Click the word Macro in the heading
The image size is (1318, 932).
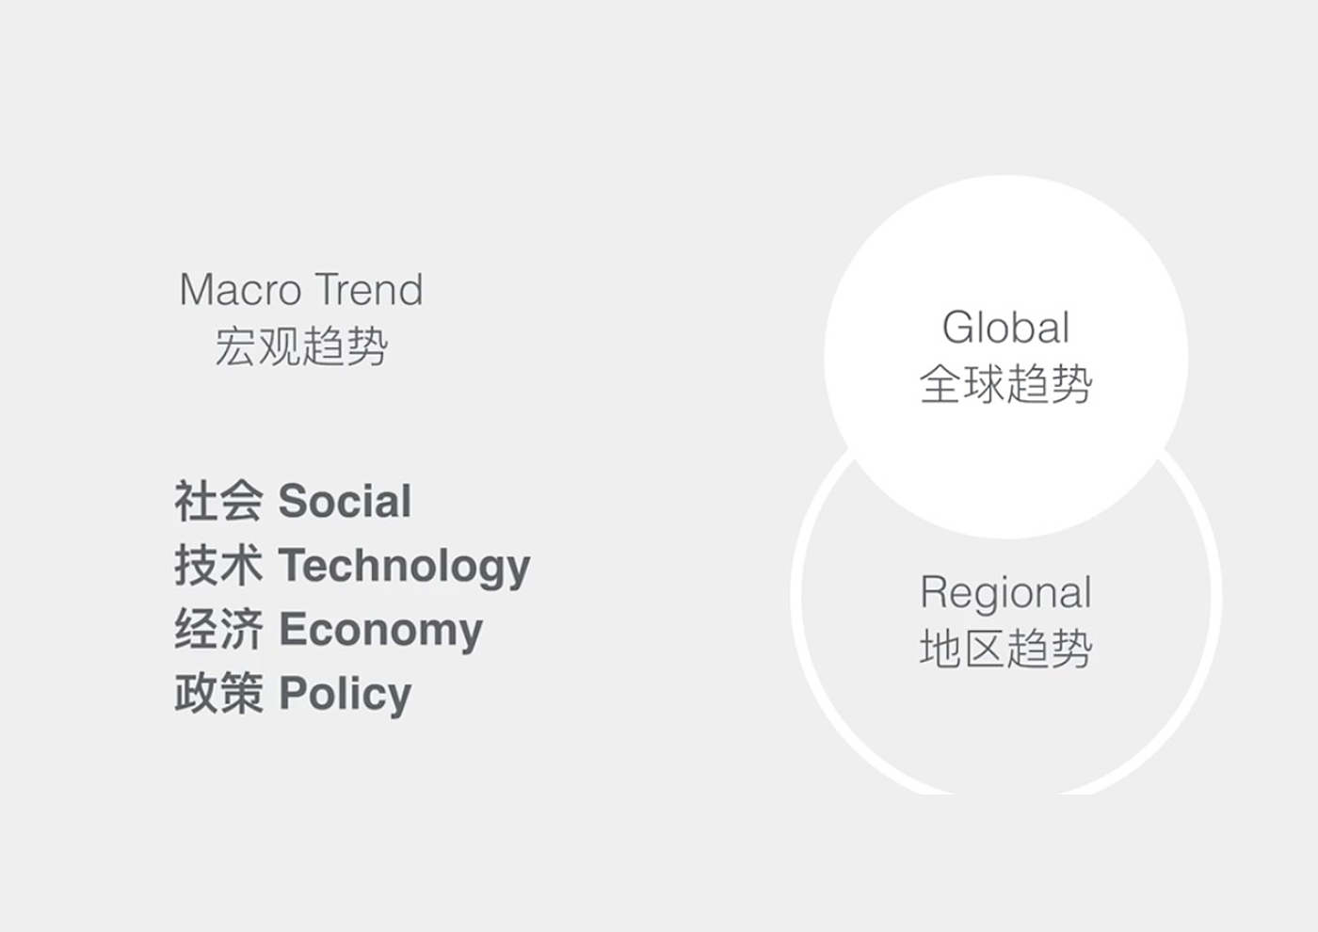coord(240,290)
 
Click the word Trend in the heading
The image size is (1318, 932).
coord(368,289)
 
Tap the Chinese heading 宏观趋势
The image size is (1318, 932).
coord(301,346)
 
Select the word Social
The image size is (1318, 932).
coord(345,501)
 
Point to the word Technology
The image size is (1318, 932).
coord(404,567)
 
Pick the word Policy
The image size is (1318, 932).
coord(345,695)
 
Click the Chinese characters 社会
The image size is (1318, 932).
coord(218,501)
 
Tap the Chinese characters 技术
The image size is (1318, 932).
coord(218,565)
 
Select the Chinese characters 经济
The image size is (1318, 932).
coord(218,629)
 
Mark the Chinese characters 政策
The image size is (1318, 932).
coord(218,693)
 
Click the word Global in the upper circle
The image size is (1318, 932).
coord(1005,327)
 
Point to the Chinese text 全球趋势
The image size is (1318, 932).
coord(1006,384)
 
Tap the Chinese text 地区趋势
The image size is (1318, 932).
coord(1006,649)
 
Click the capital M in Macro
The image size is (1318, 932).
coord(197,290)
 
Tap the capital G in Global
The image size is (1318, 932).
coord(959,327)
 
